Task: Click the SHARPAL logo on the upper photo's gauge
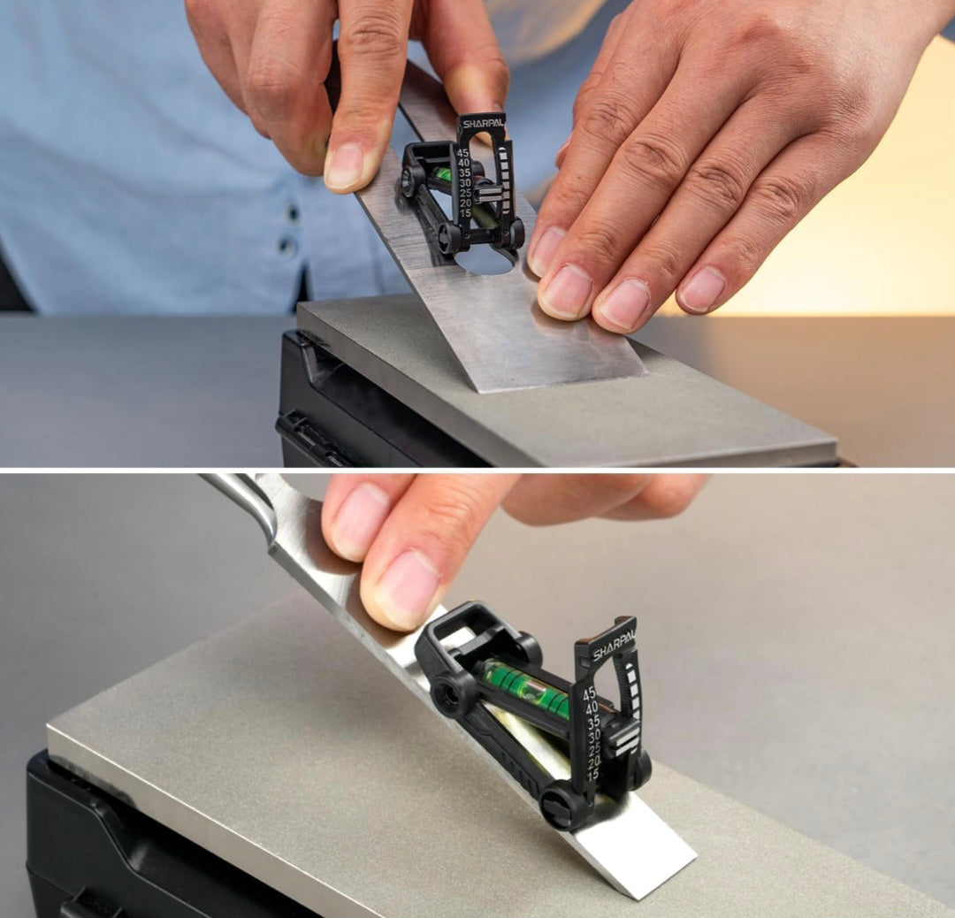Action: coord(483,124)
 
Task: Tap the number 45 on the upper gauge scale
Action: coord(462,153)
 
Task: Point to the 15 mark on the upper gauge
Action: coord(465,213)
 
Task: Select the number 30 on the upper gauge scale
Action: coord(464,183)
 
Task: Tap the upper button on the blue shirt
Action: coord(293,212)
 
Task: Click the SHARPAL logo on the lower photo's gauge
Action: coord(614,643)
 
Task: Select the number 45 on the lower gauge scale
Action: coord(589,693)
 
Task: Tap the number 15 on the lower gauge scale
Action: coord(592,773)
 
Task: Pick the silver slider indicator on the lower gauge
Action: coord(627,741)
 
